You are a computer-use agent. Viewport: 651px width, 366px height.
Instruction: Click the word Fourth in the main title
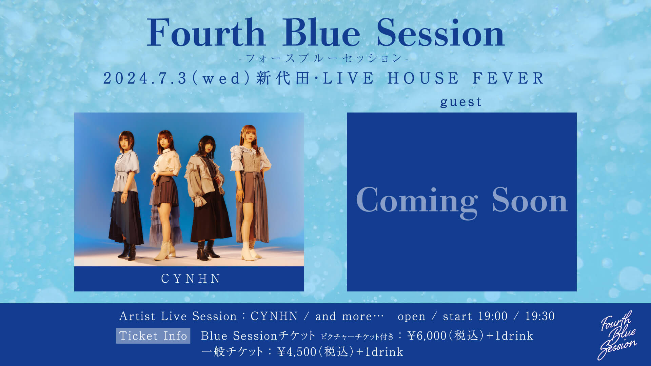(206, 33)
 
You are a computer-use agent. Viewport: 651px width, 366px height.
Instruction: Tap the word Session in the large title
(440, 33)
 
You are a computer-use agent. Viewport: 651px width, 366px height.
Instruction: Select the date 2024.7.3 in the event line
(145, 79)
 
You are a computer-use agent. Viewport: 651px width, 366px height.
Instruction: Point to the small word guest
(461, 102)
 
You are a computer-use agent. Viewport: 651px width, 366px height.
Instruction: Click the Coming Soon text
(462, 201)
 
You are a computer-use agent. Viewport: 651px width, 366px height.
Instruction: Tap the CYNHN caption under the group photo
(191, 279)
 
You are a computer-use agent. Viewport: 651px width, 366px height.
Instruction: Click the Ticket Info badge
(153, 335)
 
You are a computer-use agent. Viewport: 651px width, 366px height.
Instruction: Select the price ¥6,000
(427, 336)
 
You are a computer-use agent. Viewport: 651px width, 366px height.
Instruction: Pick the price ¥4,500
(297, 352)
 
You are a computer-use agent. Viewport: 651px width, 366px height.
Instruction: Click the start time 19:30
(540, 316)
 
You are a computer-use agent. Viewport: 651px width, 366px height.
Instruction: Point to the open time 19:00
(493, 316)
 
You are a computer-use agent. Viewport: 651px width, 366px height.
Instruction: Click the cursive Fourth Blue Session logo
(617, 335)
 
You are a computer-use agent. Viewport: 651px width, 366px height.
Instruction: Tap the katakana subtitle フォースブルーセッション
(324, 58)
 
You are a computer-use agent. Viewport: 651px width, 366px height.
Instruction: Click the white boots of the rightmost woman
(251, 250)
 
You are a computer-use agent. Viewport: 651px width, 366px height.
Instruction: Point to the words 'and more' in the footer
(343, 316)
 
